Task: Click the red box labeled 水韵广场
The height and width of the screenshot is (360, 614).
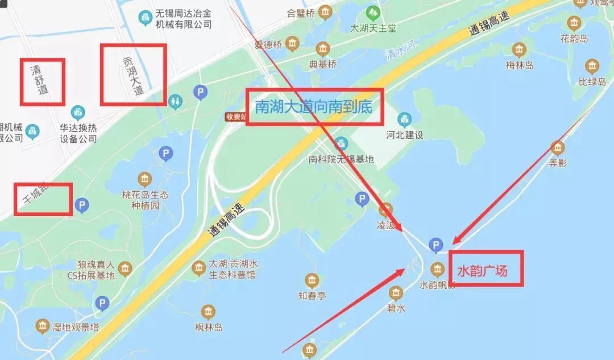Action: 489,268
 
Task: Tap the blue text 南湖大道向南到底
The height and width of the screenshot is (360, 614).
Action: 314,106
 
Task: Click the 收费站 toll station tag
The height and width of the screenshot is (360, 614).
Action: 235,117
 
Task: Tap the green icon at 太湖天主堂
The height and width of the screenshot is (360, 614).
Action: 373,13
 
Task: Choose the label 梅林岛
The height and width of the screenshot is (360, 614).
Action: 520,65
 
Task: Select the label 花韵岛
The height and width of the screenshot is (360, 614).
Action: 573,39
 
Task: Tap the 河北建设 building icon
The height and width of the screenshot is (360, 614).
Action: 405,119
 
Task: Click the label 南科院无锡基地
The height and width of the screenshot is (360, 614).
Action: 341,159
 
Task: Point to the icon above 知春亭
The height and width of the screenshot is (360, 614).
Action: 312,280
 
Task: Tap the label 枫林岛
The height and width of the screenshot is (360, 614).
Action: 208,327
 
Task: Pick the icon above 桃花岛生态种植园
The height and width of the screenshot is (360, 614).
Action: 146,180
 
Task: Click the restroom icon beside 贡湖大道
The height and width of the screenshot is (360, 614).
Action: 175,100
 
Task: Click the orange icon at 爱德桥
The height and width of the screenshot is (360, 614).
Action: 292,43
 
